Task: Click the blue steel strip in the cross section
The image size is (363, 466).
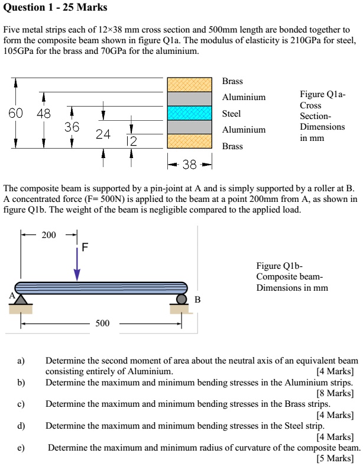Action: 189,113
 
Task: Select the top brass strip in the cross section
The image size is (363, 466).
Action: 189,84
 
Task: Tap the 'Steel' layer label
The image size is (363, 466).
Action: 231,113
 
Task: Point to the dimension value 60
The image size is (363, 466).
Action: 16,113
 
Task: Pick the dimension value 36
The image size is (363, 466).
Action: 72,127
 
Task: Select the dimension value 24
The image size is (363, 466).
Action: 103,134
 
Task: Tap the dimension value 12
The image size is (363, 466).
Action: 131,141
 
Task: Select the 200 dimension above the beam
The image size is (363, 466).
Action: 48,235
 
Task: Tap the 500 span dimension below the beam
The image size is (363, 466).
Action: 102,324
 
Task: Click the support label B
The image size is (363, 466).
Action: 197,300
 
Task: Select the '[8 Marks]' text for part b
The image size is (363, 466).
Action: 335,393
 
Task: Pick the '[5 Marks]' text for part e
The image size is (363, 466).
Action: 335,458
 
